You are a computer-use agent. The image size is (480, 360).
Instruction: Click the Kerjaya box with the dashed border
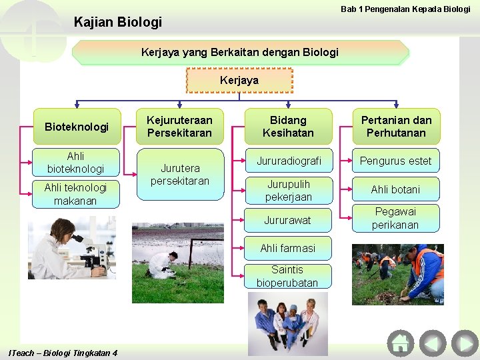(239, 80)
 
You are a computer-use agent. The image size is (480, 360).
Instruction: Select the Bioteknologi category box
(77, 127)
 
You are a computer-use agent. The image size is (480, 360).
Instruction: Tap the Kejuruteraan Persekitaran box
(179, 127)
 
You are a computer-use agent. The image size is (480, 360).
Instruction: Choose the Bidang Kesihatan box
(288, 127)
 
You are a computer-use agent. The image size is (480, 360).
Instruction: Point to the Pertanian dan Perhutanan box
(396, 127)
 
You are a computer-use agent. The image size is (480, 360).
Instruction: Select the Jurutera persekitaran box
(179, 175)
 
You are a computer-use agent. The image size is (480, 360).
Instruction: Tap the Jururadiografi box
(288, 161)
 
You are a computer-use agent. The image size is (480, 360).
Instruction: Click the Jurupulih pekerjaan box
(288, 190)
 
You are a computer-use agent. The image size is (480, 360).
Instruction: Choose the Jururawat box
(288, 219)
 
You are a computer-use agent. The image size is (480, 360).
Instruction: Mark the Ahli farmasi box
(288, 248)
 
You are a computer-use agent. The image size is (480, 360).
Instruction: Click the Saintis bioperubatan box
(288, 276)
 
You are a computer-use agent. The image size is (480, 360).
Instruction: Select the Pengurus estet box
(396, 161)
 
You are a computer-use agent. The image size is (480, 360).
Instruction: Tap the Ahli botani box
(396, 189)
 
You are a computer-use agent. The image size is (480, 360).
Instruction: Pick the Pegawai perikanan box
(396, 218)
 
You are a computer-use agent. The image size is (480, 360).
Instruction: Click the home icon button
(400, 343)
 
